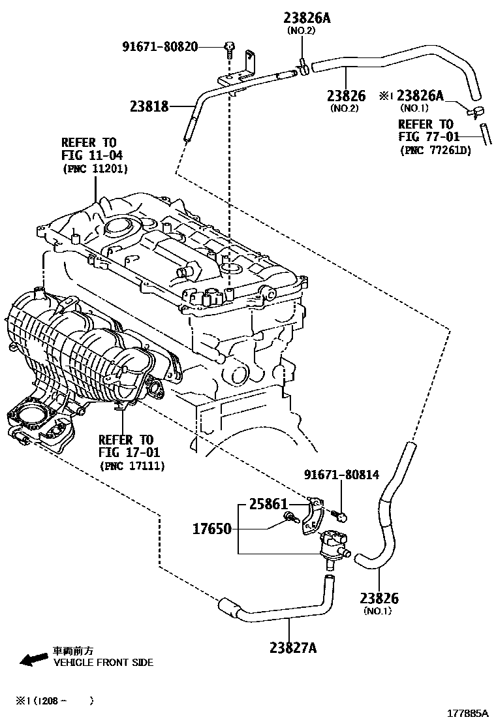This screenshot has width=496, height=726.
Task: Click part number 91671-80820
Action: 160,46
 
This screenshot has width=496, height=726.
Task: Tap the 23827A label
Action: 292,647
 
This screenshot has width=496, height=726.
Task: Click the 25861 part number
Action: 268,505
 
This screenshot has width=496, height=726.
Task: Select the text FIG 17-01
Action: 129,452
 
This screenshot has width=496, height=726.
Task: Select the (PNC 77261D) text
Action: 435,150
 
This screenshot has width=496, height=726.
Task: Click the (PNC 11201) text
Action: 95,168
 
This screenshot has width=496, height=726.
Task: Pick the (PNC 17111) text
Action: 132,466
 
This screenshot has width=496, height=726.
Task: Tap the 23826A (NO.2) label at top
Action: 306,18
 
